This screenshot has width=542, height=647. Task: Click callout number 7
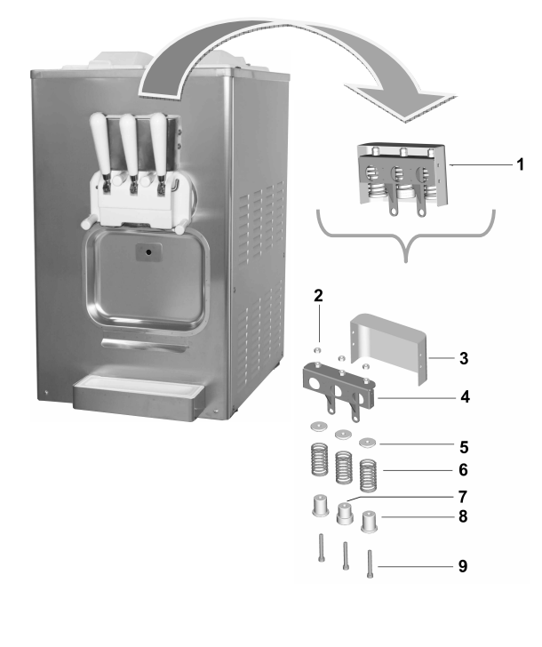(462, 495)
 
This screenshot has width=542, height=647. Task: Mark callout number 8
(462, 515)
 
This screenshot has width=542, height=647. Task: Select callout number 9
(462, 565)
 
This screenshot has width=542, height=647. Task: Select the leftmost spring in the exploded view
(319, 461)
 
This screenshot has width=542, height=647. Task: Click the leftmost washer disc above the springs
(316, 427)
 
